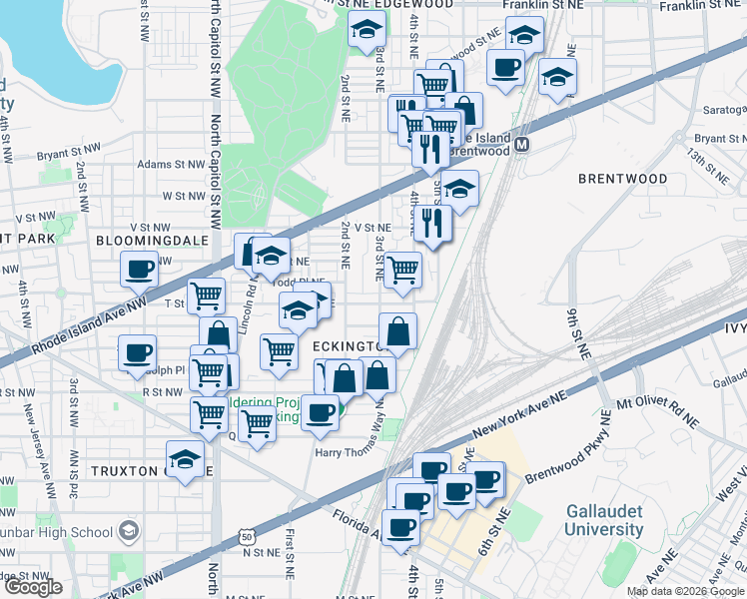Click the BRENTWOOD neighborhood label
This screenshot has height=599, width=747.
tap(622, 179)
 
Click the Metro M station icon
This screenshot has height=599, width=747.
tap(521, 146)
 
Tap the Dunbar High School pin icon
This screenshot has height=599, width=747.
tap(129, 530)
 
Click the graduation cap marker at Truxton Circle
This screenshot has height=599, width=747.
tap(185, 460)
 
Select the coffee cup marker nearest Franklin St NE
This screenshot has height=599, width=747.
tap(504, 68)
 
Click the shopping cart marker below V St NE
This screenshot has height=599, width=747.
tap(401, 270)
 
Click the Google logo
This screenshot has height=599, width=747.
tap(33, 587)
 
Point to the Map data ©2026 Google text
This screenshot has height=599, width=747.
tap(684, 590)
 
